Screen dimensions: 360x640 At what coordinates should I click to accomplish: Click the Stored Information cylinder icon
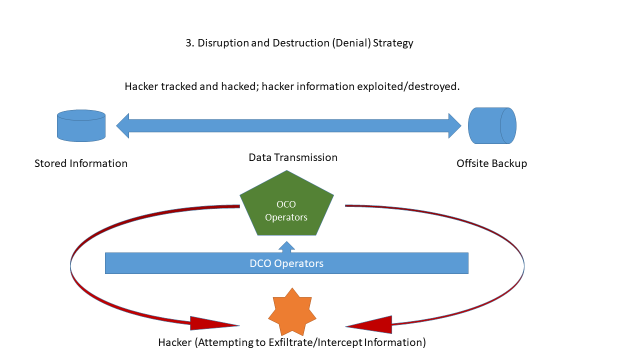[x=81, y=125]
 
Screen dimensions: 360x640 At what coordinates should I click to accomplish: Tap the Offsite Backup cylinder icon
[x=492, y=125]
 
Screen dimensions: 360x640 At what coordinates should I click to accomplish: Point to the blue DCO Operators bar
[x=287, y=263]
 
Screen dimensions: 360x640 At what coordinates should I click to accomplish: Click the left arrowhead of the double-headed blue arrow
[x=124, y=125]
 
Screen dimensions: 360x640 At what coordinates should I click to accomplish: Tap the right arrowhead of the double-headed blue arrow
[x=452, y=125]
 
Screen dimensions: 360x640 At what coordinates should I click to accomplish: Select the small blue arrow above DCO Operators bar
[x=287, y=246]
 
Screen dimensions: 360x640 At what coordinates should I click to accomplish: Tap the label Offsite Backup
[x=492, y=163]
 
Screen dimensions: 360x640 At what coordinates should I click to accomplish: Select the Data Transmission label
[x=293, y=157]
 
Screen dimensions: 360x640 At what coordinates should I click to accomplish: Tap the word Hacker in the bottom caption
[x=177, y=342]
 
